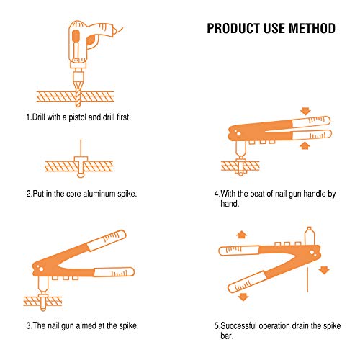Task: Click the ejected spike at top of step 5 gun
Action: [309, 235]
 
